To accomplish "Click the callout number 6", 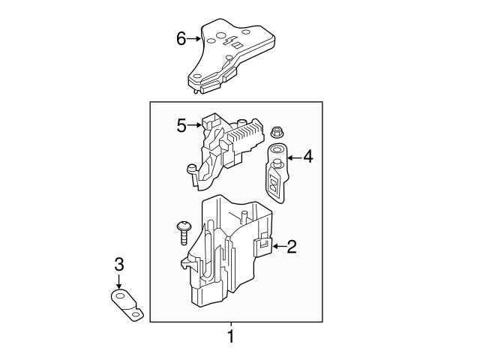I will click(x=181, y=38).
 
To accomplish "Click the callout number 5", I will click(x=181, y=125).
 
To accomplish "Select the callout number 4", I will click(x=307, y=157).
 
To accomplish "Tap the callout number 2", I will click(x=292, y=245).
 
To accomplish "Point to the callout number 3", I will click(x=118, y=263).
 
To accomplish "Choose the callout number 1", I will click(x=231, y=337).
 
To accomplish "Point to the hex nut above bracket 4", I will click(x=275, y=132).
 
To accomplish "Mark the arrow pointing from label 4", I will click(x=293, y=157).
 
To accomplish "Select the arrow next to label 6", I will click(x=194, y=38).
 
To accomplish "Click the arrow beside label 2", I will click(x=277, y=245).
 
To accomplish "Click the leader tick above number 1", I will click(x=231, y=325).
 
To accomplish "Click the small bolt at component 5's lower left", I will click(x=191, y=169).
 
